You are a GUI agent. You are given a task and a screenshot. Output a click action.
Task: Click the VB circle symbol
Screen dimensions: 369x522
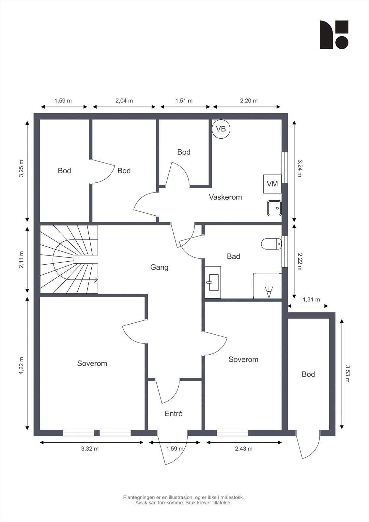click(x=221, y=129)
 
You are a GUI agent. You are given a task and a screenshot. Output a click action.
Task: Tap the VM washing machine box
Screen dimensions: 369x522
click(x=272, y=184)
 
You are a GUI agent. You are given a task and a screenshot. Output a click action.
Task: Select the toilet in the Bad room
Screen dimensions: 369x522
click(x=271, y=244)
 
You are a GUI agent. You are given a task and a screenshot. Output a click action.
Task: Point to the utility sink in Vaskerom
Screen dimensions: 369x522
click(x=274, y=208)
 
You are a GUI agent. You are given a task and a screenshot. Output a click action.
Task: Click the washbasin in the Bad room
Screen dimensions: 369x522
click(x=213, y=282)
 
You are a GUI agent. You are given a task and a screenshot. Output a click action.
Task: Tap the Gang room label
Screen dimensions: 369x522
click(x=159, y=267)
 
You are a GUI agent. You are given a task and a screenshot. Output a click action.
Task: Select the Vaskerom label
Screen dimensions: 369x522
click(x=225, y=197)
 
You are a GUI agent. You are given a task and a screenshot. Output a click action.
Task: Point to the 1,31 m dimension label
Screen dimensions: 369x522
click(x=311, y=299)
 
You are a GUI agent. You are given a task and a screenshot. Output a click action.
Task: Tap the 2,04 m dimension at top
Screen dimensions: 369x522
click(x=124, y=101)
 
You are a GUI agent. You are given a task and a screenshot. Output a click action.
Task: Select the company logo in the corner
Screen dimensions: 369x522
click(x=334, y=35)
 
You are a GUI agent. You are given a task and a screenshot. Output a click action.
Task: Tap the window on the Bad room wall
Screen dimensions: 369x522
click(x=284, y=252)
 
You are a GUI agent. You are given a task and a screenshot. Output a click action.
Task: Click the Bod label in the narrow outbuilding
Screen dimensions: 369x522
click(x=308, y=374)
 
